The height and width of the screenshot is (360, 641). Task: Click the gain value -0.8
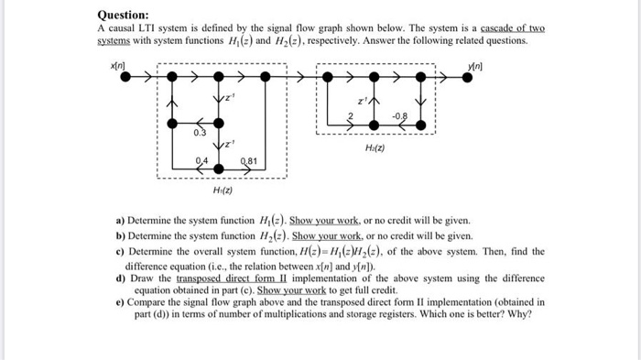pos(400,115)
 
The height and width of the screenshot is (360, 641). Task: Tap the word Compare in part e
pos(150,300)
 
